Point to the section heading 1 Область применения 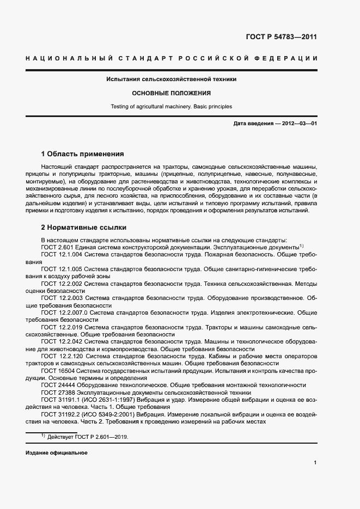[x=82, y=154]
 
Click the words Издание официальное [x=56, y=453]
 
